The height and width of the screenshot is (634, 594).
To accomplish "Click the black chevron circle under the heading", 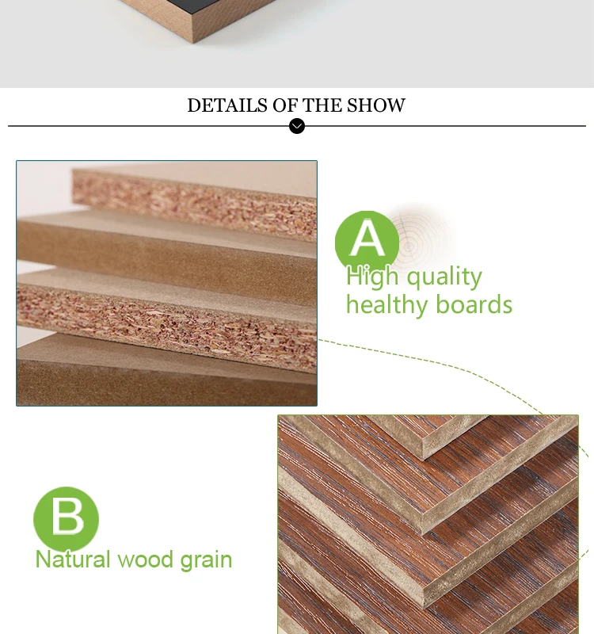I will point(297,126).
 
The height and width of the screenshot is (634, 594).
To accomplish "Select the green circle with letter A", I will point(367,241).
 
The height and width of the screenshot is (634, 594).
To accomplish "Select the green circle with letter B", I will point(66,519).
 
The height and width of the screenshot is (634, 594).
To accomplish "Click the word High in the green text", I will point(371,277).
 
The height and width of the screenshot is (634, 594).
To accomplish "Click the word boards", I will point(473,305).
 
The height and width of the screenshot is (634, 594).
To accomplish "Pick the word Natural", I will point(73,560).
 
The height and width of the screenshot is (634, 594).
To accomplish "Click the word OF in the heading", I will point(285,105).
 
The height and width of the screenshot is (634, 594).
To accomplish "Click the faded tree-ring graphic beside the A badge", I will point(420,238).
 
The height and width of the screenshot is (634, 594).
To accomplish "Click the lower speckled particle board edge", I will point(158,313).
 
